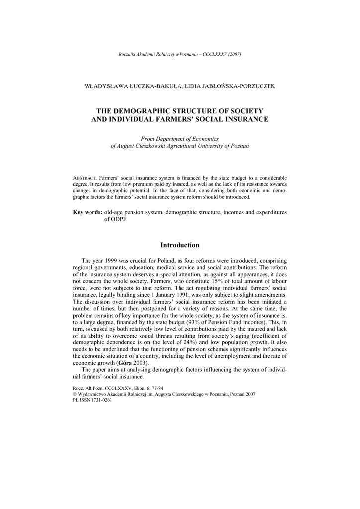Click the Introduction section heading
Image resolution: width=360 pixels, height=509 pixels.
click(x=180, y=245)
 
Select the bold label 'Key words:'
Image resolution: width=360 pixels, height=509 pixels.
click(x=88, y=212)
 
